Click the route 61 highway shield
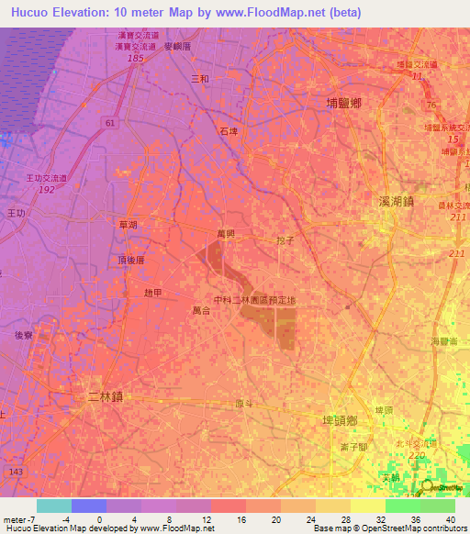[110, 122]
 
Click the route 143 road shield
[14, 470]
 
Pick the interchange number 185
[137, 58]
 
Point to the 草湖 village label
[128, 224]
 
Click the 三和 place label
[199, 79]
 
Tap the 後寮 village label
[25, 336]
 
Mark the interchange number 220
[419, 454]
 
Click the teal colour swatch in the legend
[53, 506]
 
